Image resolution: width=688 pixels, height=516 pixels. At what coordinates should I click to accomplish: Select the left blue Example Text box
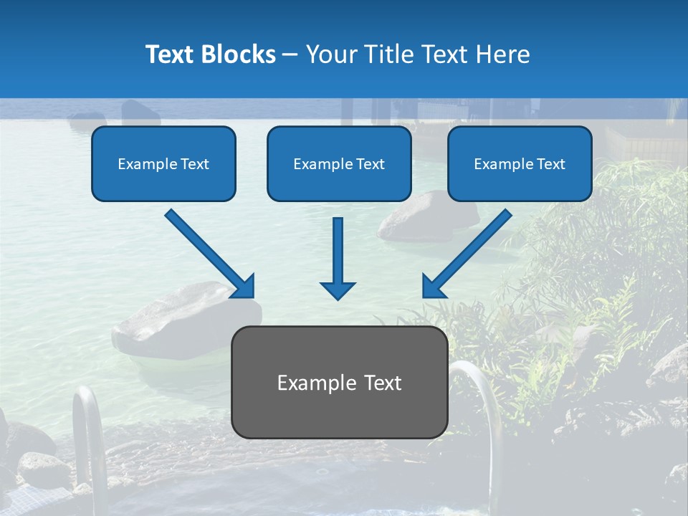(x=163, y=163)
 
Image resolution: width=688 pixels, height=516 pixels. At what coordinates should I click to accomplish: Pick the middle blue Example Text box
(x=339, y=163)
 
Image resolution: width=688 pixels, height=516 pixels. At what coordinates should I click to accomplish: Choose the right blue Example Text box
(x=520, y=163)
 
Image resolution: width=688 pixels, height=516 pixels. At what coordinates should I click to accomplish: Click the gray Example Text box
(x=339, y=382)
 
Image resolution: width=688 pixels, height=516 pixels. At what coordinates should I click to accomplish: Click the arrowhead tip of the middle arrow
(x=338, y=297)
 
